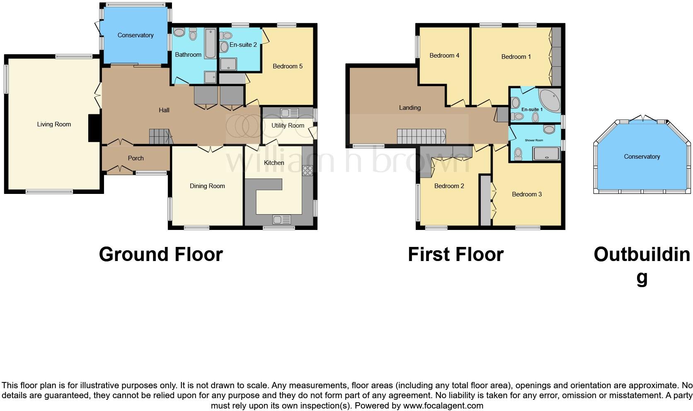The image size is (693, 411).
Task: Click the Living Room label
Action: pyautogui.click(x=54, y=124)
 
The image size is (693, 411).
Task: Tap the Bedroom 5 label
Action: pyautogui.click(x=288, y=66)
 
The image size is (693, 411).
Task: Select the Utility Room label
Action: pyautogui.click(x=288, y=126)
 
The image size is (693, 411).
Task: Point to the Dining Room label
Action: pyautogui.click(x=207, y=186)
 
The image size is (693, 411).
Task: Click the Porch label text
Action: pyautogui.click(x=136, y=158)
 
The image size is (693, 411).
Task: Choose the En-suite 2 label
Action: pyautogui.click(x=243, y=45)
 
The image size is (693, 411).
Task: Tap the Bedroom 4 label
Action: pyautogui.click(x=444, y=56)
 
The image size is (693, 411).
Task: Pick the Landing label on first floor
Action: pyautogui.click(x=410, y=108)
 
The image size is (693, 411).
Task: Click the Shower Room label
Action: pyautogui.click(x=534, y=140)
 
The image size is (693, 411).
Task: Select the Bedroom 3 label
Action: pyautogui.click(x=527, y=194)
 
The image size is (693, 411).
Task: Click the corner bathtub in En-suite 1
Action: pyautogui.click(x=550, y=99)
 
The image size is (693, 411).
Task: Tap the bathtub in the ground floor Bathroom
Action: pyautogui.click(x=210, y=43)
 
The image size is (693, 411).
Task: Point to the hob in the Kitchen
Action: pyautogui.click(x=308, y=170)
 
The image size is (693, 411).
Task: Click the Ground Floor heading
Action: pyautogui.click(x=161, y=254)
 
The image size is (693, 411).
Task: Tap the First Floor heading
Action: pyautogui.click(x=456, y=254)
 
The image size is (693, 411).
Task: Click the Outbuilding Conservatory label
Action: pyautogui.click(x=642, y=157)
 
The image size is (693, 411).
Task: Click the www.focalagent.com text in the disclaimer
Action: pyautogui.click(x=443, y=406)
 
